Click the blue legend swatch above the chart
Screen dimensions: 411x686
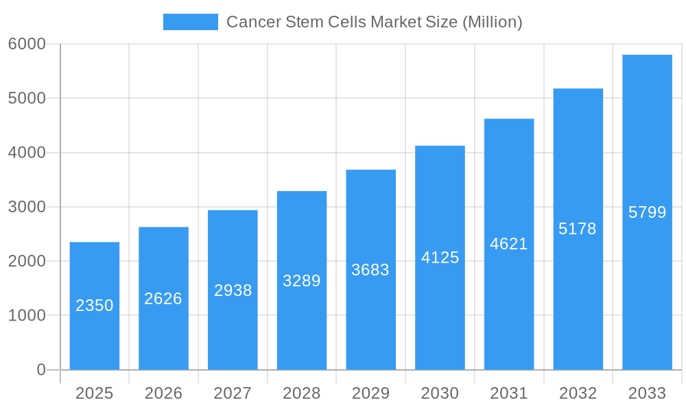point(190,22)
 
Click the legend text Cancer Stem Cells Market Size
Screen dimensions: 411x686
point(374,22)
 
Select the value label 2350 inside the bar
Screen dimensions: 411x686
point(95,306)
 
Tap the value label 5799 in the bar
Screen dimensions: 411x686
point(647,212)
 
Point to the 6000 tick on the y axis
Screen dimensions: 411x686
point(27,44)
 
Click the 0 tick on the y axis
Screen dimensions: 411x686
point(40,370)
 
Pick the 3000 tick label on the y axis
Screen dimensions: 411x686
point(27,207)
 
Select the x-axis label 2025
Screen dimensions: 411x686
point(95,393)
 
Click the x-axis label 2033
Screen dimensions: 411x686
point(647,393)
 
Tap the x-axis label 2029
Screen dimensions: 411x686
point(370,393)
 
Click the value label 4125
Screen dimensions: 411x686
point(440,258)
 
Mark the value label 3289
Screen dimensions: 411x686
point(302,281)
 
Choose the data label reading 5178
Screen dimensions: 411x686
point(578,229)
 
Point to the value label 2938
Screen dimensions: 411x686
point(233,290)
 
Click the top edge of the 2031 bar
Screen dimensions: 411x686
point(509,119)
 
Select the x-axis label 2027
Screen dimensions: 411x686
point(233,393)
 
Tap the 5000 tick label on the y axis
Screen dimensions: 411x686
point(27,98)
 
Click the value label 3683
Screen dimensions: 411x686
point(370,270)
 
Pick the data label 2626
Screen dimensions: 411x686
point(163,299)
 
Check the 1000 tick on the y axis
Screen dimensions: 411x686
point(27,316)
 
